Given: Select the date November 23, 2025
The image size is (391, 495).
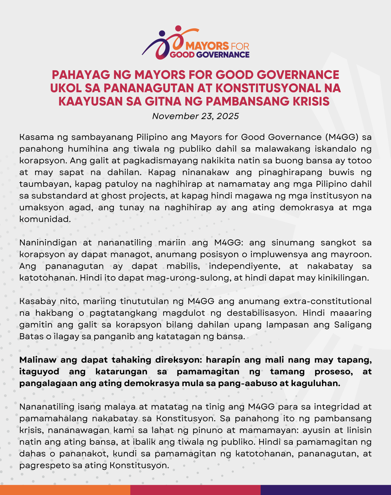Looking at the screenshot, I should [x=195, y=116].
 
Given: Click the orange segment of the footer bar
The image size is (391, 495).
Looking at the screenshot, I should [x=65, y=490].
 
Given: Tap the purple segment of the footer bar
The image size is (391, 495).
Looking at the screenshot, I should [x=325, y=490].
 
